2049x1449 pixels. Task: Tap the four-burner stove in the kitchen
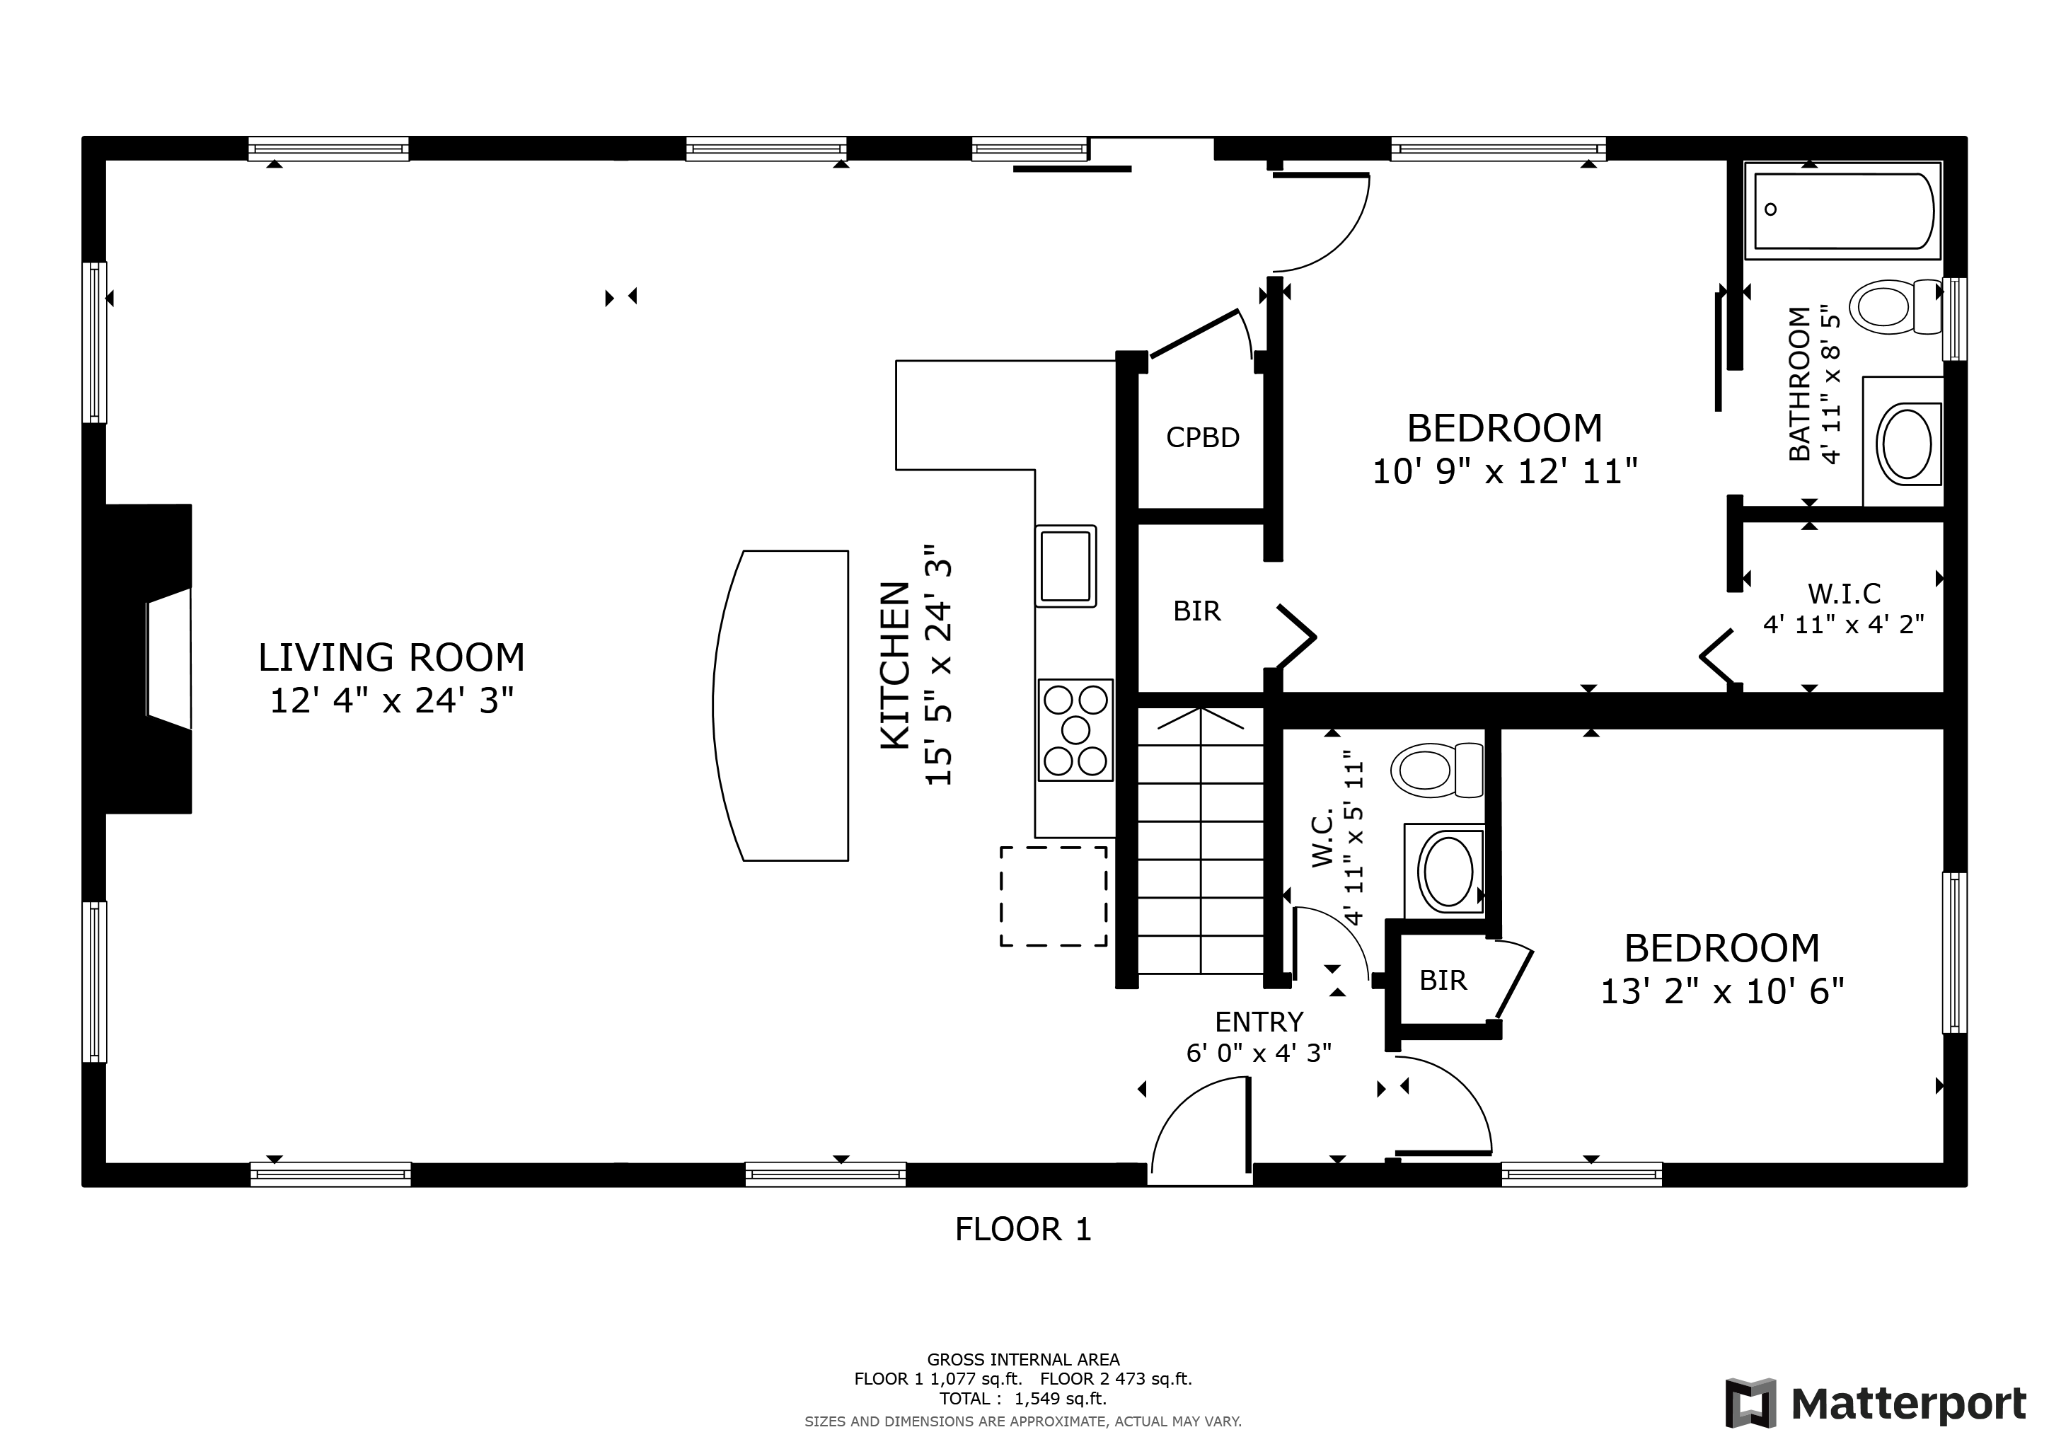click(x=1075, y=730)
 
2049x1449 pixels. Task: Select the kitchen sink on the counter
click(x=1066, y=566)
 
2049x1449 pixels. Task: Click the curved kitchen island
click(x=785, y=705)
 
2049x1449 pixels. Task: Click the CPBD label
click(x=1202, y=437)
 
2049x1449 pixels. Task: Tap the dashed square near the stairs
click(x=1053, y=896)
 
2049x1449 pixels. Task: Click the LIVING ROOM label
click(x=391, y=657)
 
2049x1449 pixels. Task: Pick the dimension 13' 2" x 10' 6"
click(x=1721, y=991)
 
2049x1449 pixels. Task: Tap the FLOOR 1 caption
click(x=1022, y=1230)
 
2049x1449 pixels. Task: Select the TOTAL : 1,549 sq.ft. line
click(x=1022, y=1398)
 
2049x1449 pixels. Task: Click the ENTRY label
click(x=1258, y=1022)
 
